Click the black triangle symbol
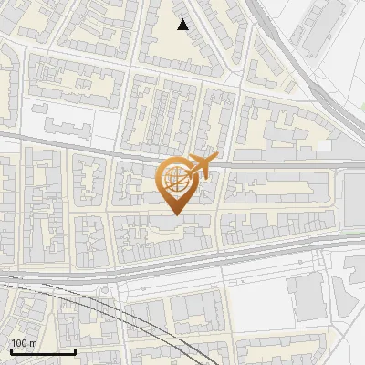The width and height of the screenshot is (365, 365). pos(183,25)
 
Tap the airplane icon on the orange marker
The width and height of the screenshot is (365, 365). pos(202,164)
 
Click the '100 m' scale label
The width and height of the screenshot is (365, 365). pos(24,342)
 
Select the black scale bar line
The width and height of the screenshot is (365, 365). pos(42,351)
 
